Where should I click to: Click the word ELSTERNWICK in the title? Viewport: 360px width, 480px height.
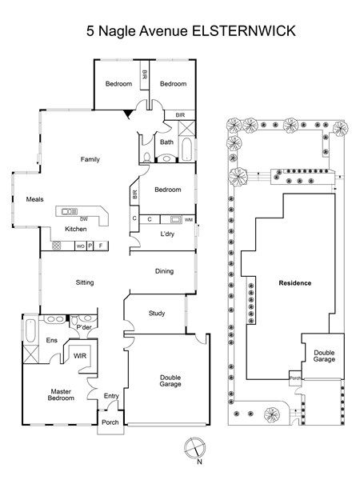(244, 31)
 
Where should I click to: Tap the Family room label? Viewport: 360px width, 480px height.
(90, 159)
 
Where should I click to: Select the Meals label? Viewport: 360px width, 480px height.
(34, 199)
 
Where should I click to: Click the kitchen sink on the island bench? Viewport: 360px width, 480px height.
(70, 211)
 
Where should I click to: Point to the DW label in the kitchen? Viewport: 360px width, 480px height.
(83, 219)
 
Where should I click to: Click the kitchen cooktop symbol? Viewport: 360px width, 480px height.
(57, 246)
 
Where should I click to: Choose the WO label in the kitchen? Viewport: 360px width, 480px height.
(80, 246)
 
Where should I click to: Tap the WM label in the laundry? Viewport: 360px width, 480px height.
(189, 220)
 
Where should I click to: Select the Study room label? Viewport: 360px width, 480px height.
(157, 313)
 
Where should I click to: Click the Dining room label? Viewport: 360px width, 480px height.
(164, 271)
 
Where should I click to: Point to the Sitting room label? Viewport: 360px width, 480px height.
(85, 282)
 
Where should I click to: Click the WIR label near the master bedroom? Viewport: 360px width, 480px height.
(80, 356)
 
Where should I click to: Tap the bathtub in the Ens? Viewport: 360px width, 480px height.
(30, 330)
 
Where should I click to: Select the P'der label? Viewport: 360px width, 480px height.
(84, 327)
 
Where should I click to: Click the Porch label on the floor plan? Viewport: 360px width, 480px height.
(110, 422)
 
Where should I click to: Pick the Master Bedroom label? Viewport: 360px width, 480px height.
(61, 394)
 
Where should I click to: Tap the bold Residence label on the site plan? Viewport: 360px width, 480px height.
(294, 283)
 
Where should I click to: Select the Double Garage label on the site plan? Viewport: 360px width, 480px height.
(324, 356)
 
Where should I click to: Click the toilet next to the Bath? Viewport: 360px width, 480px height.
(147, 158)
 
